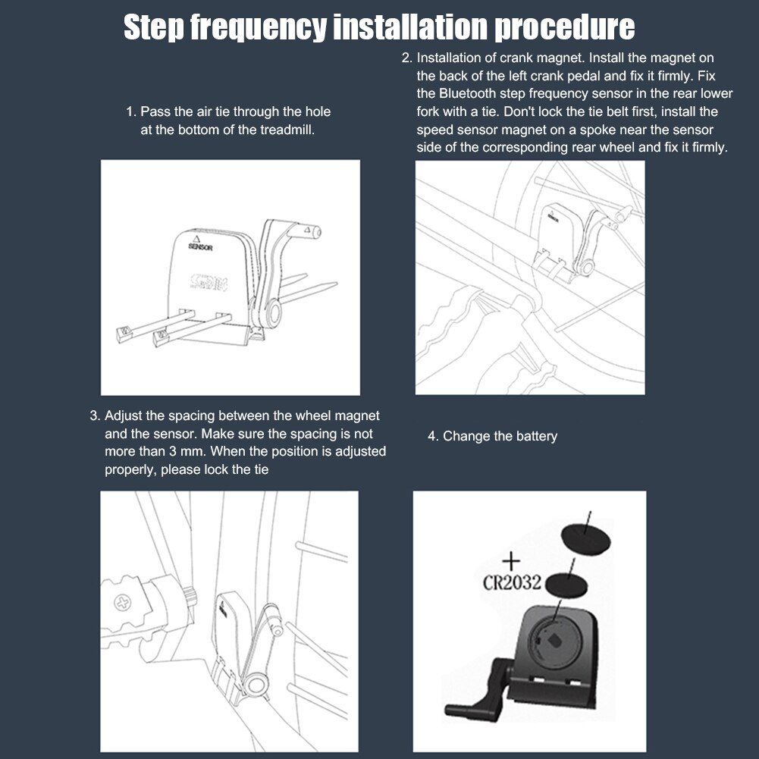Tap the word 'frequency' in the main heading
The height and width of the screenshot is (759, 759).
click(258, 28)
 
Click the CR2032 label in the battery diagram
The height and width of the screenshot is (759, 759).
click(512, 582)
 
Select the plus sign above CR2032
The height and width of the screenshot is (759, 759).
click(511, 562)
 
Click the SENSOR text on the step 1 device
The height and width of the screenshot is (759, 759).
click(200, 247)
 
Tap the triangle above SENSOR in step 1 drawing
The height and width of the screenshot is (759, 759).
click(196, 239)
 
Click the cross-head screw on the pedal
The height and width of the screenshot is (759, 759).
click(123, 603)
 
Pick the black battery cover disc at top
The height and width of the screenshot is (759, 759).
click(585, 538)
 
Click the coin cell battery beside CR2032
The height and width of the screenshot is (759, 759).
click(566, 584)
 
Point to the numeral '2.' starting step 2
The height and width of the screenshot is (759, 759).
click(407, 58)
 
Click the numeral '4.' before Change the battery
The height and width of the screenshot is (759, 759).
click(433, 437)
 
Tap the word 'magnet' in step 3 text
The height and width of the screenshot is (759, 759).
click(357, 416)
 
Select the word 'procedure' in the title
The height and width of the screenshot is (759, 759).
click(564, 28)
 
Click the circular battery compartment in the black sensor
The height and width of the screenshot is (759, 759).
click(555, 642)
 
